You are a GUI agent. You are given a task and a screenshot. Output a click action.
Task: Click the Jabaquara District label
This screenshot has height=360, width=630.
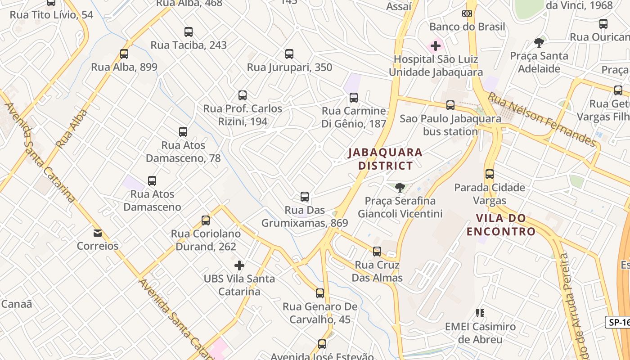[385, 159]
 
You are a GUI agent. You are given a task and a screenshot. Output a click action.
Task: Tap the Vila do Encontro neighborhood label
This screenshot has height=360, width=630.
[501, 225]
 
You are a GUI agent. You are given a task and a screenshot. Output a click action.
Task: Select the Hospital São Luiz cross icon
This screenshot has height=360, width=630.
[435, 46]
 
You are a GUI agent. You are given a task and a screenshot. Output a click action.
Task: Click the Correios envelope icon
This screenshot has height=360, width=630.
[98, 233]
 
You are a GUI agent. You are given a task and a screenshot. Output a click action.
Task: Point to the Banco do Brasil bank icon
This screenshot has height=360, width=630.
[467, 13]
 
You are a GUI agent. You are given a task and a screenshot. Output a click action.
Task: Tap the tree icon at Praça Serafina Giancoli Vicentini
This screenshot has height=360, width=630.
[400, 188]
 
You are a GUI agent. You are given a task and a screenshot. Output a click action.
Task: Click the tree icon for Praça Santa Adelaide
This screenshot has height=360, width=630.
[539, 43]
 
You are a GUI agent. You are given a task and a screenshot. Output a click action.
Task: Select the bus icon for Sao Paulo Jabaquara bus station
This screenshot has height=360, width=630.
[450, 105]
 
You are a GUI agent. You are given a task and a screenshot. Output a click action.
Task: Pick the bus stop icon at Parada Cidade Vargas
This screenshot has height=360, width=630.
[490, 174]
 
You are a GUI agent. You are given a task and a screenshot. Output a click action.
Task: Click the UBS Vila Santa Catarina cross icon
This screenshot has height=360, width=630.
[239, 265]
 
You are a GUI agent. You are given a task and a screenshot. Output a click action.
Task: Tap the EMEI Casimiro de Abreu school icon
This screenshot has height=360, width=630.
[480, 313]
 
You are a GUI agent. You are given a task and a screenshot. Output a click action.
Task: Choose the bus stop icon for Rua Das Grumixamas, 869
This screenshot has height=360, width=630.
[305, 197]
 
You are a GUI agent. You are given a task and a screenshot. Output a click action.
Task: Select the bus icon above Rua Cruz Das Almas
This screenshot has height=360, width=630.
[377, 252]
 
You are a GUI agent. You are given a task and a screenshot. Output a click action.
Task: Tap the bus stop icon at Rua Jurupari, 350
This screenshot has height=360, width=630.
[289, 54]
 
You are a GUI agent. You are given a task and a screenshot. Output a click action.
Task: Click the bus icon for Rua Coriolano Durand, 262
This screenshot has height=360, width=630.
[206, 220]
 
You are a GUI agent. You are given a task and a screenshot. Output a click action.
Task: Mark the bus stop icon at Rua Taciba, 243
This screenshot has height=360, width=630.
[189, 32]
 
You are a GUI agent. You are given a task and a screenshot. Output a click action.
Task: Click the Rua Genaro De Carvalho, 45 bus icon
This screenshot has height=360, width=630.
[320, 293]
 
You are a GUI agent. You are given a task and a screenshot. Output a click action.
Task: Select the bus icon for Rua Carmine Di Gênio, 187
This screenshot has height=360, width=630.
[354, 98]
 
